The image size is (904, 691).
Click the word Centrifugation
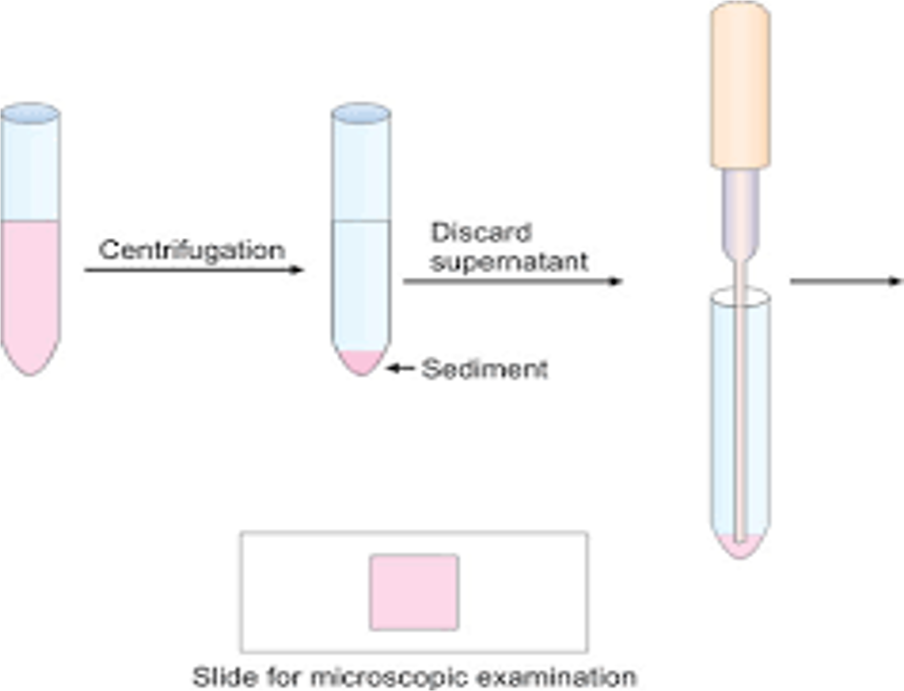point(192,251)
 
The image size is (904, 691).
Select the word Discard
point(481,233)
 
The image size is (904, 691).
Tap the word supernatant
point(509,262)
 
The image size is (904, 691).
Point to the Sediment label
point(484,369)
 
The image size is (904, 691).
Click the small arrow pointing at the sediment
point(400,368)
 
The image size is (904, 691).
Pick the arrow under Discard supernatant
point(512,281)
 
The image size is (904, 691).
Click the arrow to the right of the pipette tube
point(846,281)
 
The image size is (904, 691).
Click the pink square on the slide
point(414,592)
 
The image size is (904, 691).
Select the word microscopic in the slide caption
point(389,677)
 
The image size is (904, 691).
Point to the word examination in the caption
point(557,677)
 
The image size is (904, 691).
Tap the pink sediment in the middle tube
point(361,361)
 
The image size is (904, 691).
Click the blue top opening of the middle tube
point(361,114)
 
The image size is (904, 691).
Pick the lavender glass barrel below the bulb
point(741,210)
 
